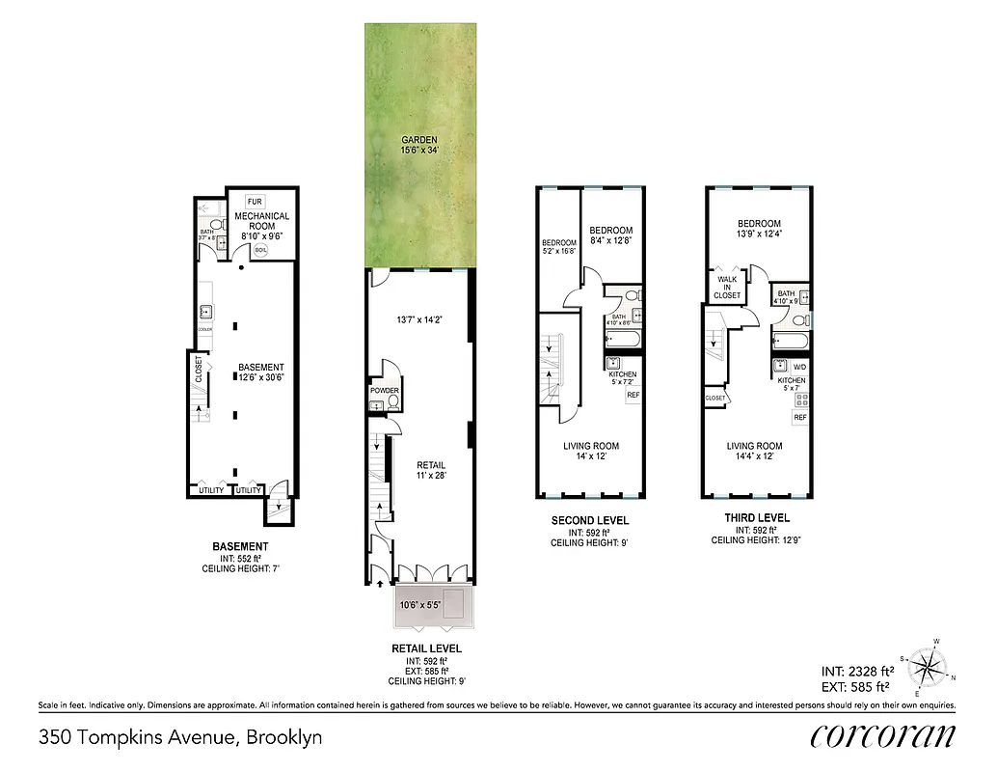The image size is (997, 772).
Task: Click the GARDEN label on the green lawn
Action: click(420, 140)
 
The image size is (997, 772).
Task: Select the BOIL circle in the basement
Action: click(261, 249)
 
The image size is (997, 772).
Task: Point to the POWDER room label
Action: click(385, 390)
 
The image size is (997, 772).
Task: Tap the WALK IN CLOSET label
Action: click(728, 288)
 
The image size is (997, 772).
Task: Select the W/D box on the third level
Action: click(799, 367)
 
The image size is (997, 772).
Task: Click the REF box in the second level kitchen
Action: click(633, 396)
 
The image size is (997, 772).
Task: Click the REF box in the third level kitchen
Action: click(799, 417)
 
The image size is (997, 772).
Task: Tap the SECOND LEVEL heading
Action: click(590, 521)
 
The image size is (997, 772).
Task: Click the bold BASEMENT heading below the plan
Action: click(240, 547)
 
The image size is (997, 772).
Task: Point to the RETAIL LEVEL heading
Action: click(426, 648)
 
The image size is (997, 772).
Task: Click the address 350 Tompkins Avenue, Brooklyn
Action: click(180, 738)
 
